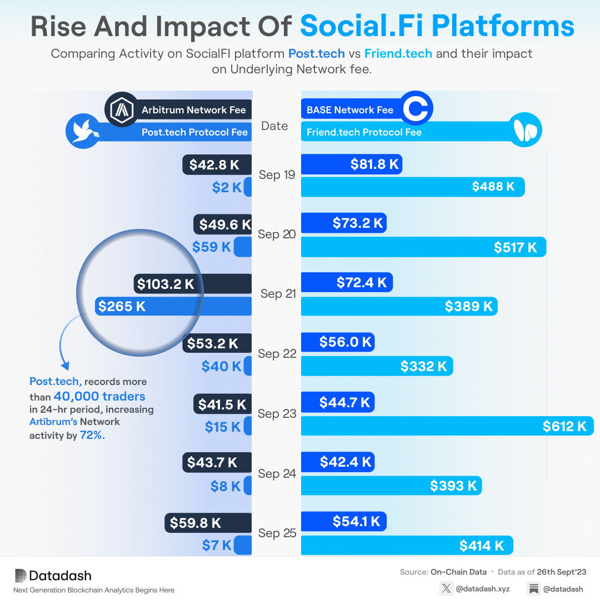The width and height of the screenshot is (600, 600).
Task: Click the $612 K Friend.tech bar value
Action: pyautogui.click(x=564, y=426)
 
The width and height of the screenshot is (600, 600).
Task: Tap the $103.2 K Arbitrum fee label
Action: pyautogui.click(x=166, y=284)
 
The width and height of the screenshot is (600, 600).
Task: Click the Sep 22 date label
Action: pyautogui.click(x=277, y=354)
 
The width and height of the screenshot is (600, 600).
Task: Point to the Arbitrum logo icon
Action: pyautogui.click(x=121, y=109)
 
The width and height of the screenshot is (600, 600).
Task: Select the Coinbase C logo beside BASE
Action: pyautogui.click(x=416, y=109)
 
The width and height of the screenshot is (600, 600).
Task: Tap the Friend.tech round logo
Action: pyautogui.click(x=525, y=132)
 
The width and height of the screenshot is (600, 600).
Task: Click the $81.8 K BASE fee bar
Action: pyautogui.click(x=351, y=164)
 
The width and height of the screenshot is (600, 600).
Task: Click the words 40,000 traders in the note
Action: pyautogui.click(x=99, y=396)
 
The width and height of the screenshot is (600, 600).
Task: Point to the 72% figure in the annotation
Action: pyautogui.click(x=92, y=436)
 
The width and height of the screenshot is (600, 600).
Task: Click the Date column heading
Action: pyautogui.click(x=274, y=126)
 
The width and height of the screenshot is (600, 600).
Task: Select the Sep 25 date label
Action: pyautogui.click(x=277, y=533)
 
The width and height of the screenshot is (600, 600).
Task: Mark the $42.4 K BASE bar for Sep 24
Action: pyautogui.click(x=337, y=462)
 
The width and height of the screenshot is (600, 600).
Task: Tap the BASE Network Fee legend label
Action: pyautogui.click(x=350, y=109)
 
